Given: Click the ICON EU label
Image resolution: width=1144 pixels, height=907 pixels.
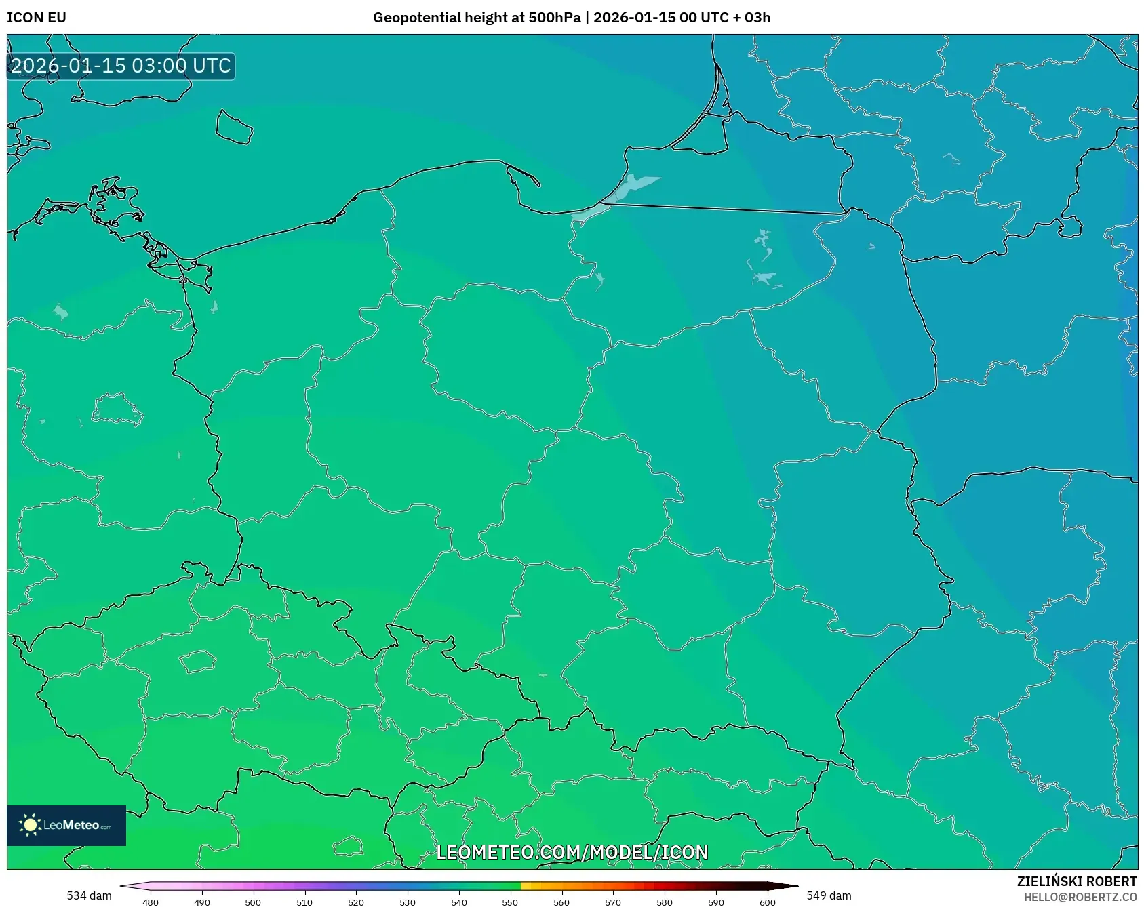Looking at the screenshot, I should (x=37, y=18).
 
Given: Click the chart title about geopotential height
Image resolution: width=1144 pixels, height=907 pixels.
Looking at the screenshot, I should (x=571, y=18).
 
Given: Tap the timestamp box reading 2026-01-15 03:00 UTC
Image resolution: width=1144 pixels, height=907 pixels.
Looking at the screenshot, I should (x=121, y=66).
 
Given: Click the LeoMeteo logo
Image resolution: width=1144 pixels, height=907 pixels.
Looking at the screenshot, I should (x=66, y=825).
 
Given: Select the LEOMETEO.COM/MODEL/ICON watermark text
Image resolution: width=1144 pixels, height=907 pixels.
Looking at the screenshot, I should (x=572, y=852).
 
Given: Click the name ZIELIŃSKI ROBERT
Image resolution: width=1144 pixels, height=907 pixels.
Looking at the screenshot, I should (x=1076, y=881).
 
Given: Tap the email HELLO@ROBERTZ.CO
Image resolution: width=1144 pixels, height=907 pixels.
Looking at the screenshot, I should (x=1080, y=897).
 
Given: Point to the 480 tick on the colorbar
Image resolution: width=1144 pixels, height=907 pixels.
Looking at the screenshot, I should (x=151, y=902).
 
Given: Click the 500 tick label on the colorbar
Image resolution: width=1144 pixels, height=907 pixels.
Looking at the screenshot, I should (x=253, y=902).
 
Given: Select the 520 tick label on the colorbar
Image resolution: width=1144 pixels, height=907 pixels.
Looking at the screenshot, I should (x=356, y=902).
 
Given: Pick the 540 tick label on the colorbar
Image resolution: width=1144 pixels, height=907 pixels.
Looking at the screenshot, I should (x=459, y=902).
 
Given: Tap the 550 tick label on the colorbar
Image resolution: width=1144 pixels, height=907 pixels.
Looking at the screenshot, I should (x=510, y=902).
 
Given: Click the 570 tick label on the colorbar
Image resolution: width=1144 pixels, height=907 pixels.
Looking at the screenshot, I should (x=613, y=902).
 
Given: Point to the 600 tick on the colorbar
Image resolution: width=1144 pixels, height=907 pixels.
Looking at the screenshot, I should (x=768, y=902).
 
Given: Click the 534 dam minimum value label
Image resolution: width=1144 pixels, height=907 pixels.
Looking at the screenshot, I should (x=89, y=895).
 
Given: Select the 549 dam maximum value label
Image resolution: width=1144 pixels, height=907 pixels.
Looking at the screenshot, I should (x=829, y=895).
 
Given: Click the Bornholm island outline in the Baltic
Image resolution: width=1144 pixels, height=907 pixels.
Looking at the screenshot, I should (x=234, y=127).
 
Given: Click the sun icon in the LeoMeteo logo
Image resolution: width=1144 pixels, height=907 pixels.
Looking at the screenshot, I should (x=30, y=825).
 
